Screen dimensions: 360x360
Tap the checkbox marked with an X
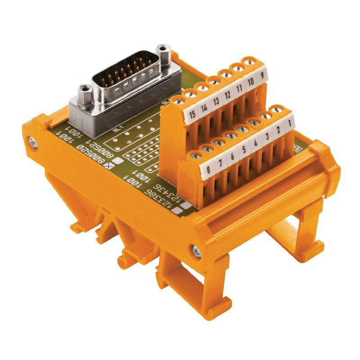click(108, 165)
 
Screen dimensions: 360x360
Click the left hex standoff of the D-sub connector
click(85, 92)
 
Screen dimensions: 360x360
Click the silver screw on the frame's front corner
click(197, 251)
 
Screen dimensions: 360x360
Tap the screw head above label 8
click(195, 155)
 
